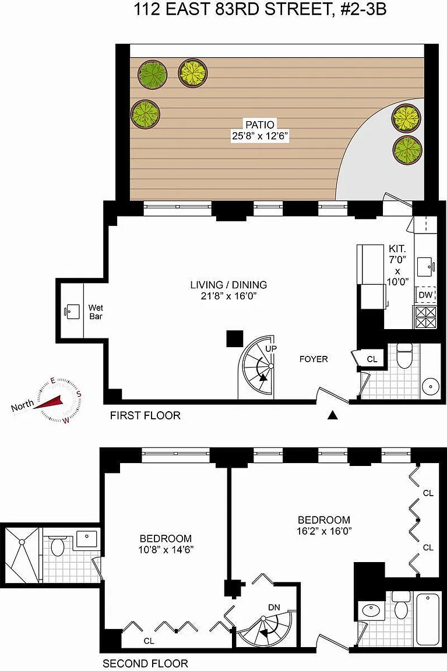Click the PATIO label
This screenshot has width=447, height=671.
(260, 125)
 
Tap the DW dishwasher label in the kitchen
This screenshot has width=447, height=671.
(425, 295)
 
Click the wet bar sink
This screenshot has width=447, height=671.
(73, 312)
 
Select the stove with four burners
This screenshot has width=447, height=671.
(425, 317)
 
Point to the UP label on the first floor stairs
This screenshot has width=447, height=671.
(270, 348)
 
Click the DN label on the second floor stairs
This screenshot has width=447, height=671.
(274, 607)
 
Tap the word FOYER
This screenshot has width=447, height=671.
(314, 359)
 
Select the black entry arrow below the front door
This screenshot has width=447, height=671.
(333, 415)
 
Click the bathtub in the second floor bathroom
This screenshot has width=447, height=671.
(428, 619)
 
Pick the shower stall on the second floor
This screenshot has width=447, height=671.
(22, 555)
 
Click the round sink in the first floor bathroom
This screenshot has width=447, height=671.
(430, 387)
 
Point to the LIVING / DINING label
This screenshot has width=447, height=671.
(228, 285)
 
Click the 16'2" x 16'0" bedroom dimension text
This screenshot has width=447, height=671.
(324, 531)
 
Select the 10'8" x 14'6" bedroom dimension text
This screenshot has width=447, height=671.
(166, 549)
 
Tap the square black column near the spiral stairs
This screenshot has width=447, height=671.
(235, 338)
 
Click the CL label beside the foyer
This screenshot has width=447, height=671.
(372, 359)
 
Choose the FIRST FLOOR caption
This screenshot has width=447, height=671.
(145, 415)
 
